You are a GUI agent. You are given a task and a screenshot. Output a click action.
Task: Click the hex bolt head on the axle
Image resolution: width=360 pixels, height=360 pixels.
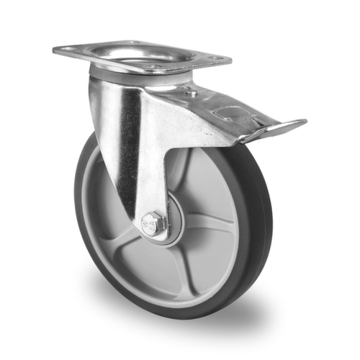tap(153, 225)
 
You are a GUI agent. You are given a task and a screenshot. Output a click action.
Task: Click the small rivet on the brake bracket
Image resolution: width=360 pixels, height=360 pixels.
tap(192, 93)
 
